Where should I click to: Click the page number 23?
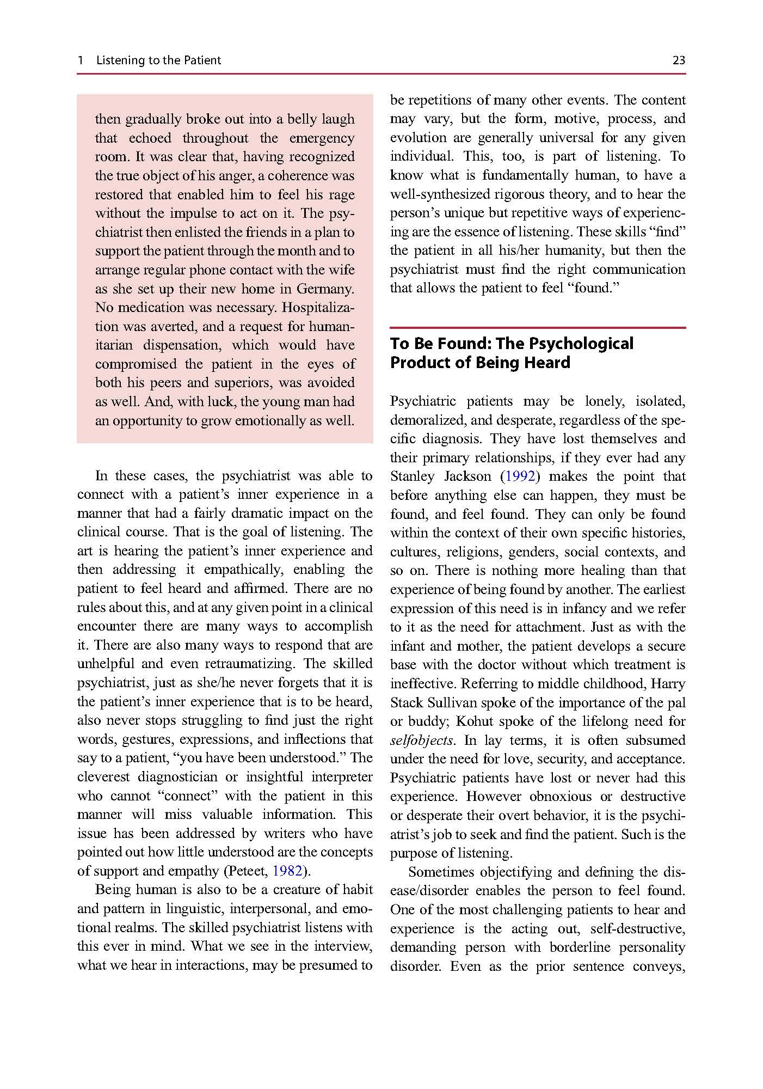point(679,60)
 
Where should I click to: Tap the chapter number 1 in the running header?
point(81,60)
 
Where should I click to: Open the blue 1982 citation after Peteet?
point(287,871)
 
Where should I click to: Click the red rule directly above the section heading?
point(538,328)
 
